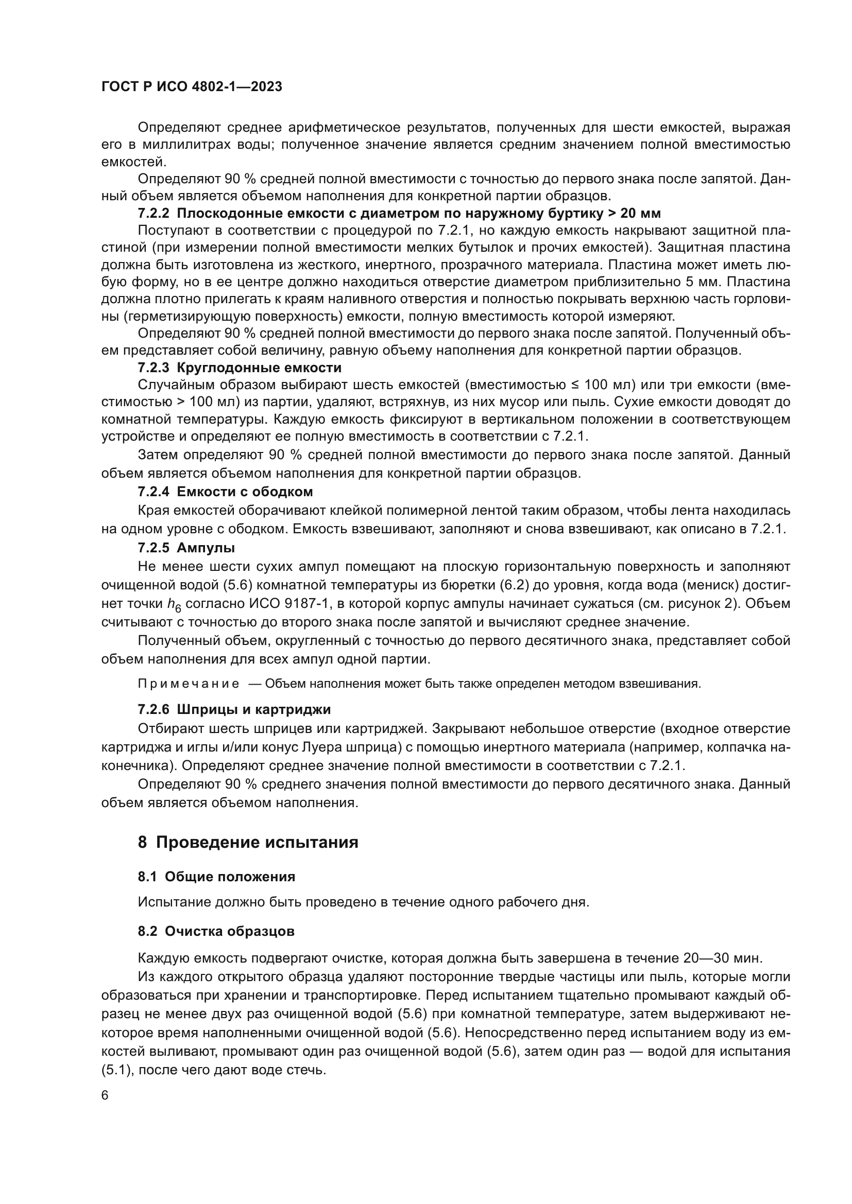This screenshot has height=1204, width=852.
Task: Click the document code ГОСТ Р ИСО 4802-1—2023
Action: click(x=192, y=86)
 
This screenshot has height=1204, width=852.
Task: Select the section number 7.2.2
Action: click(x=154, y=214)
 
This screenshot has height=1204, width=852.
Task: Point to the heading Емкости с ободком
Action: click(x=245, y=492)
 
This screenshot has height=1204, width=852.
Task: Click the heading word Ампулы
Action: click(x=206, y=548)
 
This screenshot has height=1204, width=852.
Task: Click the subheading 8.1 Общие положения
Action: click(x=216, y=877)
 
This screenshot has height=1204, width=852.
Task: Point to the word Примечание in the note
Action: click(x=189, y=684)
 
